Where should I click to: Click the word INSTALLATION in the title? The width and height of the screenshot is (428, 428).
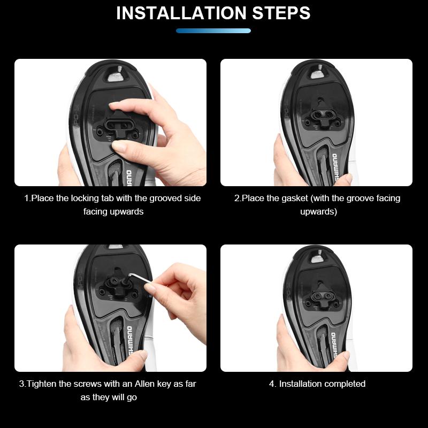[181, 13]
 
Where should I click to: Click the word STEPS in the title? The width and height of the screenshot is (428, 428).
[281, 13]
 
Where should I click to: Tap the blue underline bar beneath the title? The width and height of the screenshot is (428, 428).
[213, 31]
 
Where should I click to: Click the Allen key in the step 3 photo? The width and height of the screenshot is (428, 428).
[139, 279]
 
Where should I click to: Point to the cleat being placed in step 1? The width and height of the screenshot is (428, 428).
[118, 125]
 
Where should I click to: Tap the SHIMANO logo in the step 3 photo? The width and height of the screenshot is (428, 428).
[130, 340]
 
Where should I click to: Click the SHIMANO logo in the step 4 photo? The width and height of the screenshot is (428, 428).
[333, 345]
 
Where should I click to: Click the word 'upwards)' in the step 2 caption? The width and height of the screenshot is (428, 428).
[319, 211]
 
